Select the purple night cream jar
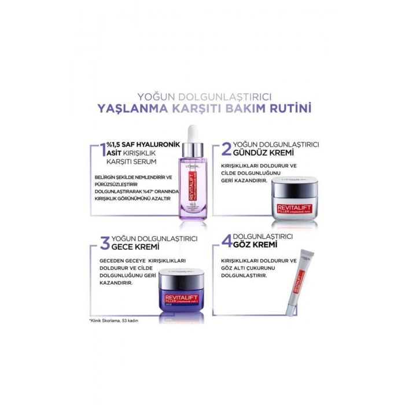(x=181, y=292)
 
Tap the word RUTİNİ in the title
(x=286, y=109)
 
